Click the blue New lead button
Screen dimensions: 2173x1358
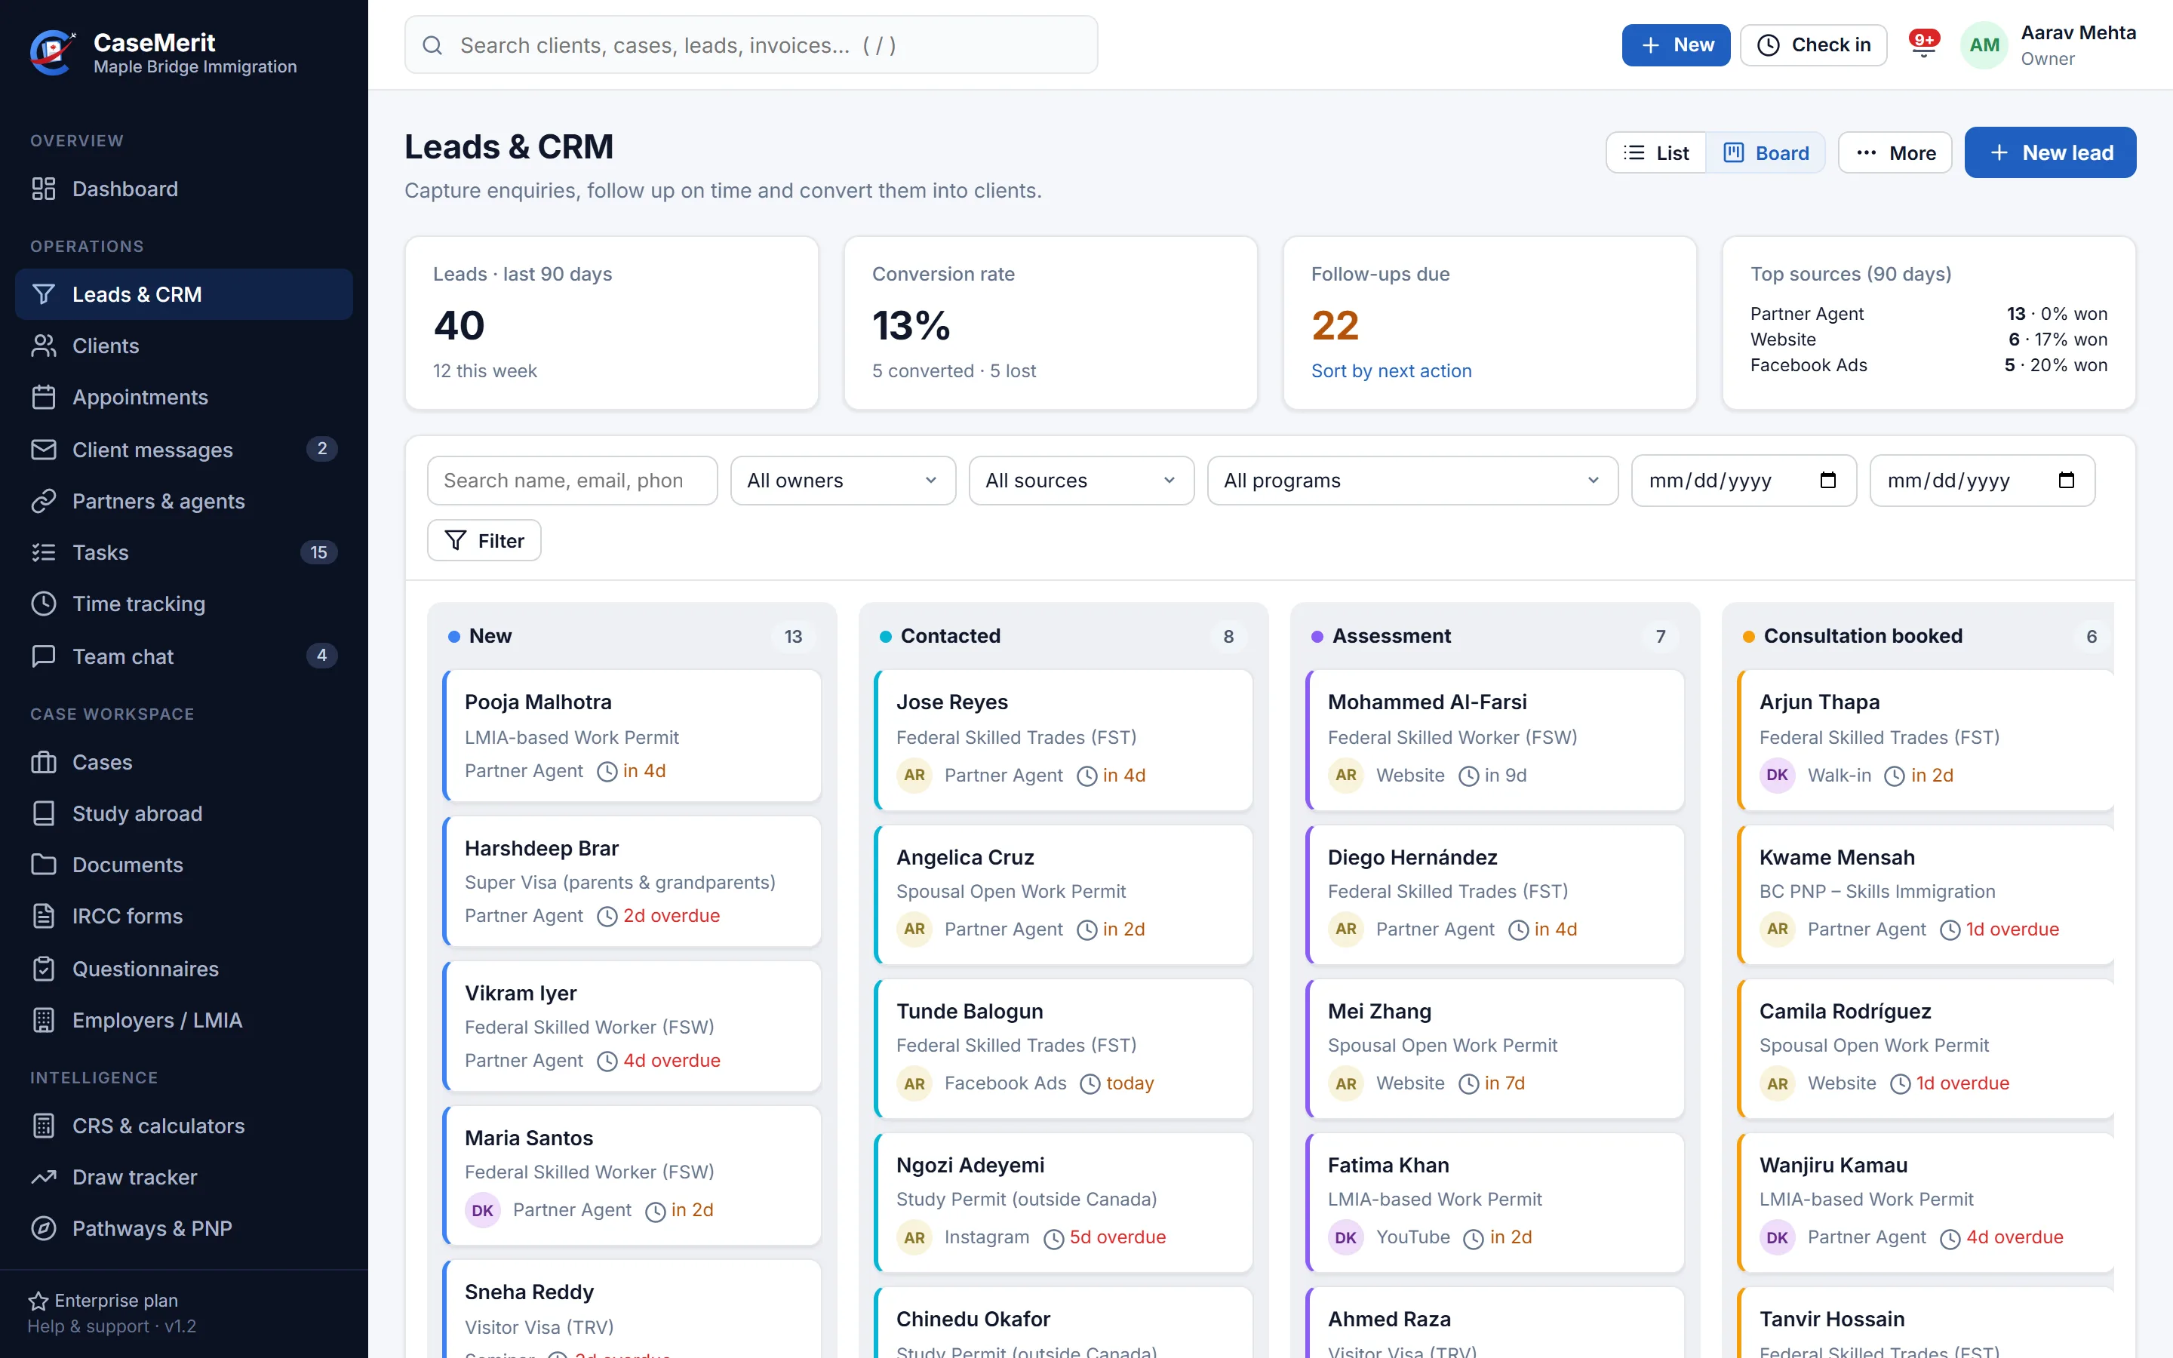click(2049, 152)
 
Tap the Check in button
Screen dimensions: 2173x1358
click(1813, 45)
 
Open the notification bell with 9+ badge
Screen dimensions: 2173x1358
click(1923, 45)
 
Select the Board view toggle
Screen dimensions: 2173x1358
click(1766, 152)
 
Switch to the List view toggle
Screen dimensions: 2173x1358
click(1656, 152)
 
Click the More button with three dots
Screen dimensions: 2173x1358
click(1895, 152)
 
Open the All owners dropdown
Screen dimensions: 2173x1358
click(842, 481)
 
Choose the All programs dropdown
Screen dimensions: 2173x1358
click(1412, 481)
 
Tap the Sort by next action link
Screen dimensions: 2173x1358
click(1391, 371)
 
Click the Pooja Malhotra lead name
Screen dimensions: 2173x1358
click(538, 702)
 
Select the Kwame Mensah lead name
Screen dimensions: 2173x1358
click(1836, 857)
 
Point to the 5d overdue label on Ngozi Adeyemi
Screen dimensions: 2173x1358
click(1117, 1237)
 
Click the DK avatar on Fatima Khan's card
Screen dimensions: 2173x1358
click(1345, 1237)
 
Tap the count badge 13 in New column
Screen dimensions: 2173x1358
click(793, 636)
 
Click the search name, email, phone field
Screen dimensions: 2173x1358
click(572, 481)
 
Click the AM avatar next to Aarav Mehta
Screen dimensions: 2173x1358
click(1984, 45)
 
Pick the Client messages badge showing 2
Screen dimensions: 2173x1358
click(321, 449)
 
